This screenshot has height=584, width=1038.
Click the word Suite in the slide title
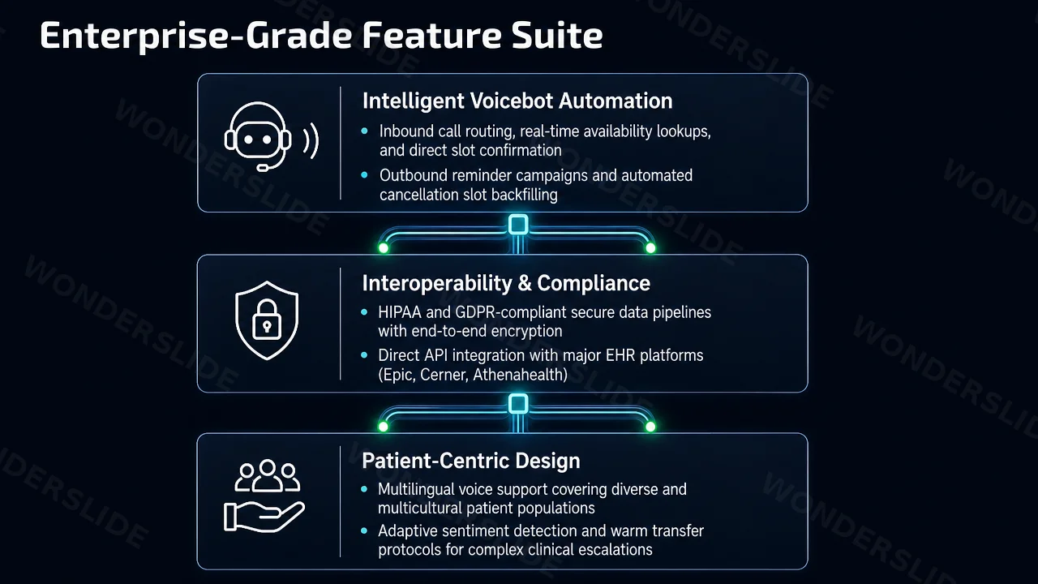click(x=557, y=35)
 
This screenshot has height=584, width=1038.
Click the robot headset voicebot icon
click(x=272, y=136)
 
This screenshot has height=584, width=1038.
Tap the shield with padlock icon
click(x=267, y=320)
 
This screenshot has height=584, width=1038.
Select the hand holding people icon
click(x=264, y=496)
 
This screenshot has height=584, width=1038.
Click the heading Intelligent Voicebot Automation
click(x=517, y=101)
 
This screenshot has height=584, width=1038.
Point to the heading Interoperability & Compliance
click(x=506, y=283)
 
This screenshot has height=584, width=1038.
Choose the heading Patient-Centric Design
click(x=471, y=461)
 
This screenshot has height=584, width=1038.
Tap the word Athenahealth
click(x=520, y=375)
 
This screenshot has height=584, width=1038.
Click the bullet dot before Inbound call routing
click(x=365, y=131)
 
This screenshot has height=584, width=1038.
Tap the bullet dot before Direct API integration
click(x=364, y=355)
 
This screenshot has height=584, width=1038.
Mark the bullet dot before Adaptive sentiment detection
click(x=364, y=530)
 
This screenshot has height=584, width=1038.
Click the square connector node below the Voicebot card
click(x=518, y=225)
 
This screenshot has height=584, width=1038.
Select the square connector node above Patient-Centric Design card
click(x=518, y=404)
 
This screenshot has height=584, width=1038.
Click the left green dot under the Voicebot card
click(x=384, y=248)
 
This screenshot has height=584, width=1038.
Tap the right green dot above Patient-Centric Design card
click(x=650, y=427)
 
